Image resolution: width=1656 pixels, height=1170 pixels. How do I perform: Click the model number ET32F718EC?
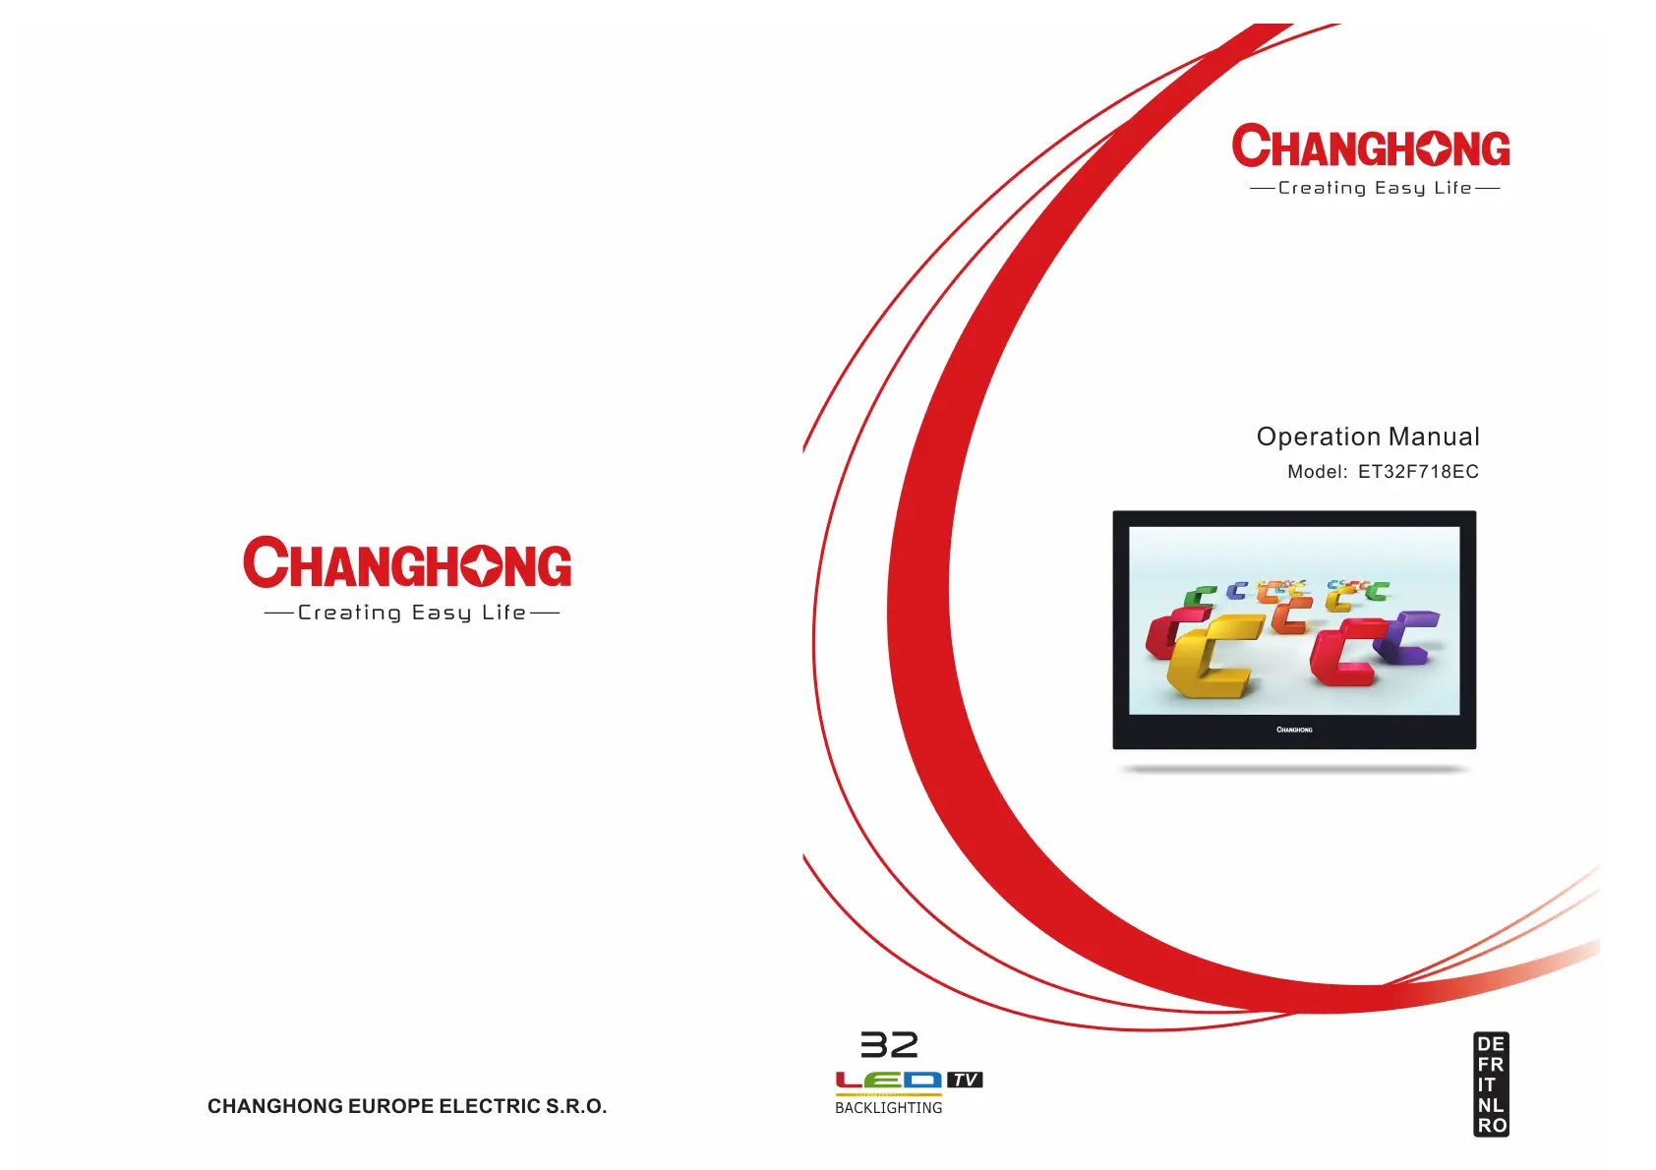1418,472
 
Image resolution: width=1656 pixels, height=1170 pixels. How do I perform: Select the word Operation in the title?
1318,438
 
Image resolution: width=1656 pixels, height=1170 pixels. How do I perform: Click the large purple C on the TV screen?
1407,636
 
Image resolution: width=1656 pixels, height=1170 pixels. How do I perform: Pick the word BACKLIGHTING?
889,1108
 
